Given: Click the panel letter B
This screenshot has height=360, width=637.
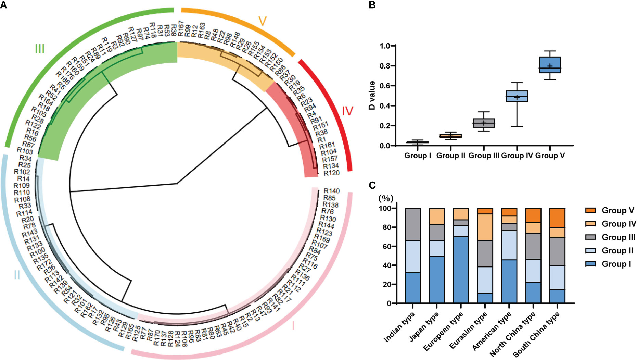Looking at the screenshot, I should (372, 5).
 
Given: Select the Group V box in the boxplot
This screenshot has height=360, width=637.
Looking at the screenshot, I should (550, 65).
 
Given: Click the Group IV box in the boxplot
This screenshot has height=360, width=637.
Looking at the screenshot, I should (517, 96).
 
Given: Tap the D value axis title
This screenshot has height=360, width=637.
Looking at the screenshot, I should (372, 96).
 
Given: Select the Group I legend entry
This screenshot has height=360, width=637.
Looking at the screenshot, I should (616, 264).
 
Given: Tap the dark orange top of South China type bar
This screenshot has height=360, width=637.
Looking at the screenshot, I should (557, 218).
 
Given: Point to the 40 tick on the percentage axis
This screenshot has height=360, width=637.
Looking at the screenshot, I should (389, 265).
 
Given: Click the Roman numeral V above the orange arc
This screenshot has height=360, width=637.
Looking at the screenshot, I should (263, 21).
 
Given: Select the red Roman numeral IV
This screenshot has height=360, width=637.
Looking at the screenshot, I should (347, 111).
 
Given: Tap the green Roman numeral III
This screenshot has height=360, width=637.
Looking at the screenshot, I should (40, 49).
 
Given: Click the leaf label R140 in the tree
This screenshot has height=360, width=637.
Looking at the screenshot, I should (331, 191).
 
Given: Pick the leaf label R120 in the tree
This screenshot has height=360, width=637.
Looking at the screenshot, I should (331, 173).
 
